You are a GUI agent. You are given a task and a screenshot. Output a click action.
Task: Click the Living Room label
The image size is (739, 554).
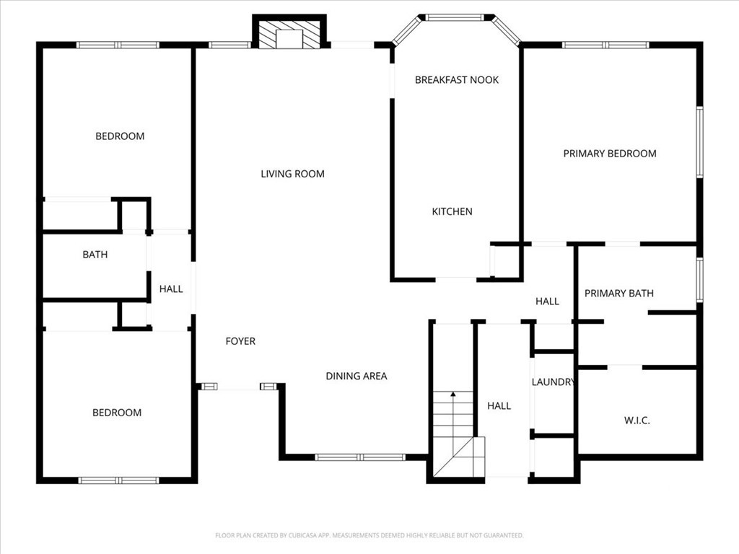click(293, 174)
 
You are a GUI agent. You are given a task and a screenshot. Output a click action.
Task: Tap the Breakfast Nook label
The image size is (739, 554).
click(457, 80)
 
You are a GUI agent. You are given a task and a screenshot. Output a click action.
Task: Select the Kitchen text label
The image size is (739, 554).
click(452, 211)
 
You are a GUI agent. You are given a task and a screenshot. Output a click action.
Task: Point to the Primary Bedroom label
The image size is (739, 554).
click(610, 154)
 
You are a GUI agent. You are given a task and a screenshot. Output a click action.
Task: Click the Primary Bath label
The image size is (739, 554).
click(618, 294)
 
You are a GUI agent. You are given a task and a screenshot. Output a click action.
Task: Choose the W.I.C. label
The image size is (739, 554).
click(637, 421)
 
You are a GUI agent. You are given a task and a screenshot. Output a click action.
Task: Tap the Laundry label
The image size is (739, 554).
click(554, 382)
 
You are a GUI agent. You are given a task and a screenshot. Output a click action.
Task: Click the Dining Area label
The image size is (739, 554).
click(357, 376)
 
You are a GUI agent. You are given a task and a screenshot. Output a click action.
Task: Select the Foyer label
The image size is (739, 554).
click(240, 341)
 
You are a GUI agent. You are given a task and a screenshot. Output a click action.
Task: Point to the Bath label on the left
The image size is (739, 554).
click(95, 255)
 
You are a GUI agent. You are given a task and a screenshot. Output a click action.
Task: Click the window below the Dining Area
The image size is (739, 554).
click(360, 457)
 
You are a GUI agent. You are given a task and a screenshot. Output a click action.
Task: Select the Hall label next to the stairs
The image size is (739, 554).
click(499, 405)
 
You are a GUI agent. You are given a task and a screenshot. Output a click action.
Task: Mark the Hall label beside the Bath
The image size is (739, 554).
click(171, 289)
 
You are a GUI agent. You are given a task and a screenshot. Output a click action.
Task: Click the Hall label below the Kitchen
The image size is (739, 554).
click(547, 302)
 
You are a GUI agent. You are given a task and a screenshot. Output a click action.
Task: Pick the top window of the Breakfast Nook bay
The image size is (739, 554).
click(455, 18)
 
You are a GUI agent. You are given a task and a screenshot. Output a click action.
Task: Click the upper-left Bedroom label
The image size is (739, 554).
click(120, 136)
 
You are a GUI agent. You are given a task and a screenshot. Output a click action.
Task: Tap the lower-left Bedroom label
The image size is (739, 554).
click(117, 413)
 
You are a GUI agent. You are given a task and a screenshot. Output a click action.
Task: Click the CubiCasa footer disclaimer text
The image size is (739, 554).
click(369, 535)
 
